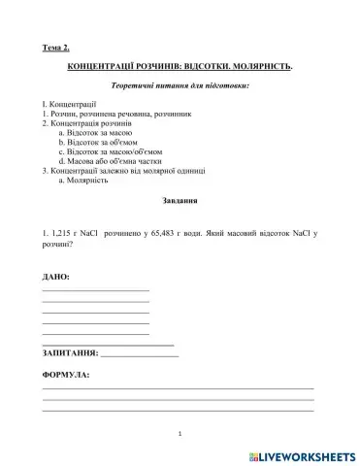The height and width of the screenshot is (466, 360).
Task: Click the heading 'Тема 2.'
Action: click(x=56, y=48)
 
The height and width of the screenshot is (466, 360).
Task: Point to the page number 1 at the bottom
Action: click(x=180, y=433)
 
